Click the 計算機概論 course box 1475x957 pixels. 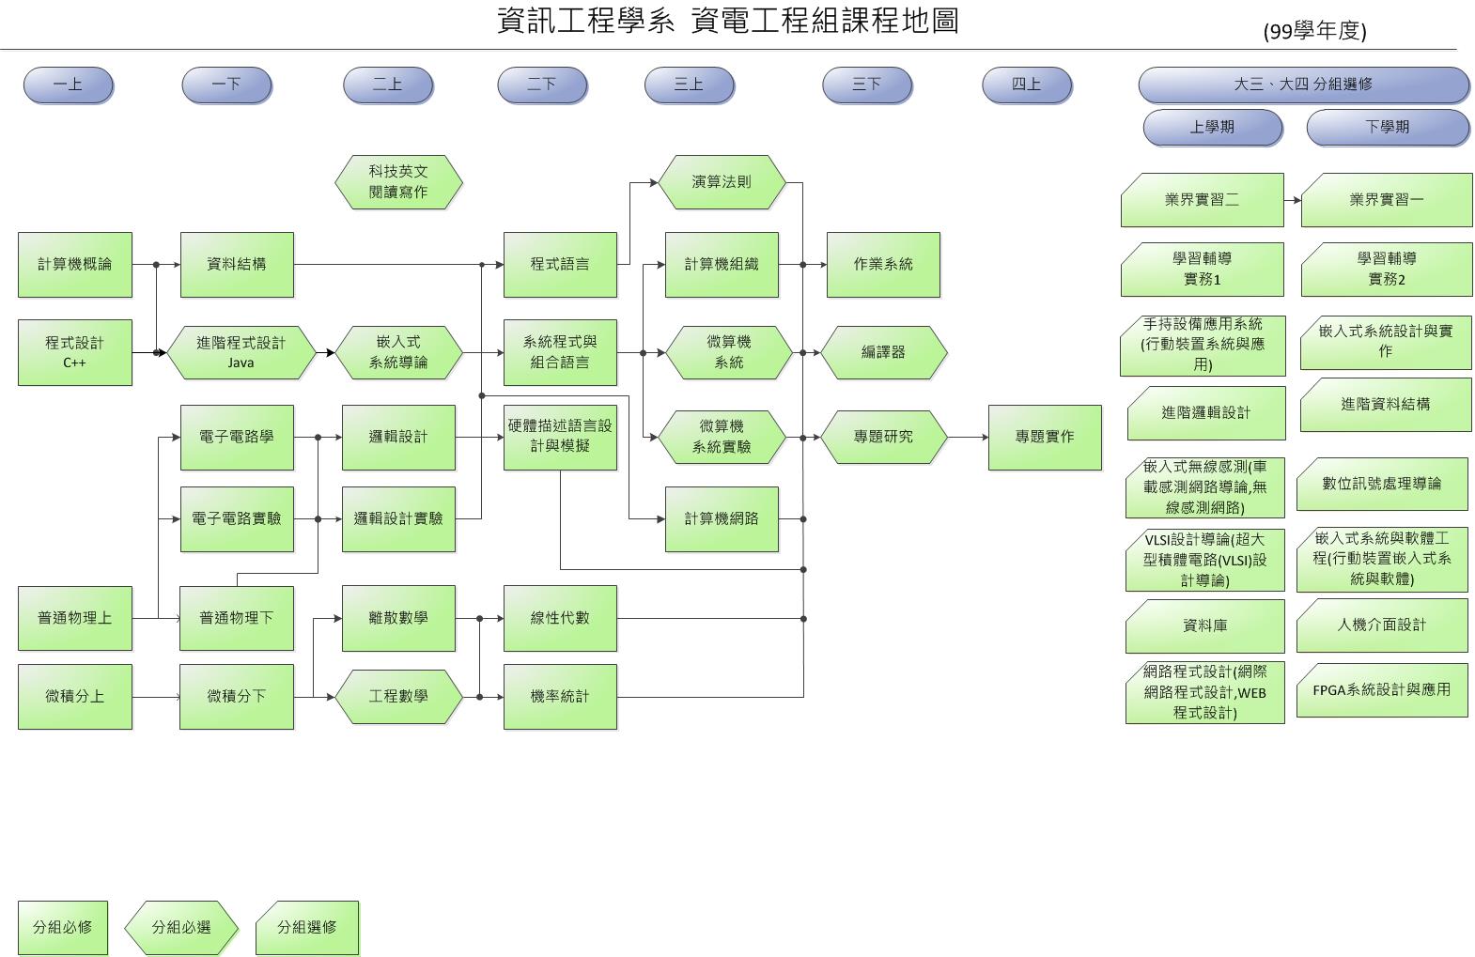coord(74,264)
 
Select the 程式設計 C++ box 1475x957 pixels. coord(74,352)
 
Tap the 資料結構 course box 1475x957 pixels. coord(236,264)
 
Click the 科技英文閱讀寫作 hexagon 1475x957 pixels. coord(398,181)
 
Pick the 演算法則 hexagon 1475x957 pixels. coord(721,181)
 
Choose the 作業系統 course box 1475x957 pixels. coord(882,264)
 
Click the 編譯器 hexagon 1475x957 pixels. coord(883,352)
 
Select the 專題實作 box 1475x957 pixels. coord(1044,437)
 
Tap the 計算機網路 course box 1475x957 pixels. coord(721,518)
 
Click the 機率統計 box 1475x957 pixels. coord(560,696)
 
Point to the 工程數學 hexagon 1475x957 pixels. coord(398,696)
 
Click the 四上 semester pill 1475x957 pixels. coord(1026,85)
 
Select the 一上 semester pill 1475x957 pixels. coord(68,85)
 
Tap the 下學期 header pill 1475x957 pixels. coord(1387,127)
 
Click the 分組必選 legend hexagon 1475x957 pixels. coord(180,927)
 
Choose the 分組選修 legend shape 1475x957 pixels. coord(306,927)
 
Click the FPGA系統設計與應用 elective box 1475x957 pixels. coord(1381,689)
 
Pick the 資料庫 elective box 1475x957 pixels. coord(1204,625)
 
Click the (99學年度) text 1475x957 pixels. coord(1314,31)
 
